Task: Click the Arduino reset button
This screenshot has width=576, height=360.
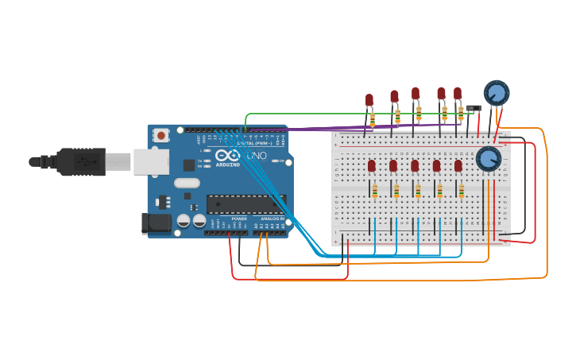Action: pyautogui.click(x=161, y=135)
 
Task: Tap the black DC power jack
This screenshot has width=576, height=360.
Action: pyautogui.click(x=156, y=223)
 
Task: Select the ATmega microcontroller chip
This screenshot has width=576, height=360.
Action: pyautogui.click(x=245, y=203)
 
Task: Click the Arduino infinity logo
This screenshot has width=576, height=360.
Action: pyautogui.click(x=227, y=155)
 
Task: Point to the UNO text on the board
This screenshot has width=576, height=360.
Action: pyautogui.click(x=257, y=156)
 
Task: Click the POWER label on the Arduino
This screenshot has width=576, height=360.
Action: pyautogui.click(x=239, y=219)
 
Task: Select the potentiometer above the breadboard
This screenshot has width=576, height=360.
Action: pyautogui.click(x=496, y=93)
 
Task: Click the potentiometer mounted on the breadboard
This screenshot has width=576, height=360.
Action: pyautogui.click(x=488, y=159)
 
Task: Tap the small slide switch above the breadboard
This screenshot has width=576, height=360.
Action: pyautogui.click(x=474, y=108)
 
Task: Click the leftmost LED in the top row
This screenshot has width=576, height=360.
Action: pyautogui.click(x=369, y=100)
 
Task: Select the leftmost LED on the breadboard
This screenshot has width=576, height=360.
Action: pyautogui.click(x=372, y=165)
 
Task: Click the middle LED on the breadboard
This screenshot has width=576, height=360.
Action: pyautogui.click(x=415, y=165)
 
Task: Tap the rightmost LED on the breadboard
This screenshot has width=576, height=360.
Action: pyautogui.click(x=458, y=165)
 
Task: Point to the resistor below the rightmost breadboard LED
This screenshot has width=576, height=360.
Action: pyautogui.click(x=461, y=191)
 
